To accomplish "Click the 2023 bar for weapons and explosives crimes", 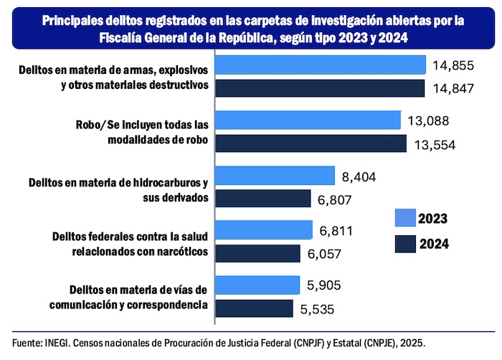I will (x=321, y=66).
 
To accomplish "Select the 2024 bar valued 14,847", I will (x=321, y=87).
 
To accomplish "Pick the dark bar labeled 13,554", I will (x=311, y=143).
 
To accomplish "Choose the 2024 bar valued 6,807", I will (x=262, y=199).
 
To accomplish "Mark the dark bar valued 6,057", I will (x=257, y=253).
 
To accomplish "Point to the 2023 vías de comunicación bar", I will (x=257, y=285).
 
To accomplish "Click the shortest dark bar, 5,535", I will (x=254, y=308).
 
